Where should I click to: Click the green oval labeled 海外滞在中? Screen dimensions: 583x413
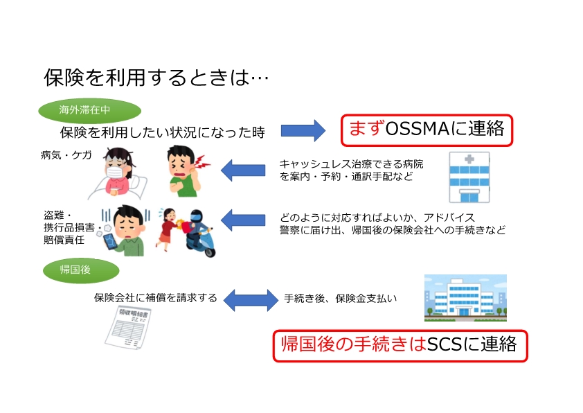tap(89, 110)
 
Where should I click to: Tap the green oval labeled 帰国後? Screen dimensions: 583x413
tap(81, 270)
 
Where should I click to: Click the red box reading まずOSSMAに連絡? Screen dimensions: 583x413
tap(427, 130)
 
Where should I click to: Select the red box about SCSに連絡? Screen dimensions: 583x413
tap(400, 346)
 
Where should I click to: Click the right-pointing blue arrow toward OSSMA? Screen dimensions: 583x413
tap(303, 130)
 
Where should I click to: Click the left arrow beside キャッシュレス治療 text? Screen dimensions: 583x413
tap(243, 170)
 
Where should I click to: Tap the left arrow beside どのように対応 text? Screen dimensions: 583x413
tap(243, 220)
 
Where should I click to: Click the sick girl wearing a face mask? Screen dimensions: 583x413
tap(117, 173)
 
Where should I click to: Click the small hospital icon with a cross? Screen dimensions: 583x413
tap(469, 177)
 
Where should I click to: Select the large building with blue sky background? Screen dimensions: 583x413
tap(465, 298)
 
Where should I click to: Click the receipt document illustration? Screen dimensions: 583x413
tap(128, 326)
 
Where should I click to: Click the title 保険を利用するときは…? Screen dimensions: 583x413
tap(156, 78)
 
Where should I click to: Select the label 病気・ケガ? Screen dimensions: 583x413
tap(66, 155)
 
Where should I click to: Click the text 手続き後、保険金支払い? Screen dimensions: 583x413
tap(340, 299)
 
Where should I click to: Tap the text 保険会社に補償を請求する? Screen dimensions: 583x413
tap(155, 298)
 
